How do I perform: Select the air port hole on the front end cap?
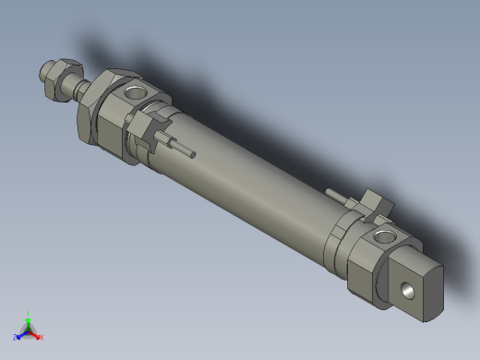point(135,91)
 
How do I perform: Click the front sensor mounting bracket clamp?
point(148,129)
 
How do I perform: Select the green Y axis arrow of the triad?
point(28,322)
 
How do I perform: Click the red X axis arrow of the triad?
point(36,334)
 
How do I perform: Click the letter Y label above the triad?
point(28,314)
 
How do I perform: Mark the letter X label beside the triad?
point(42,337)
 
